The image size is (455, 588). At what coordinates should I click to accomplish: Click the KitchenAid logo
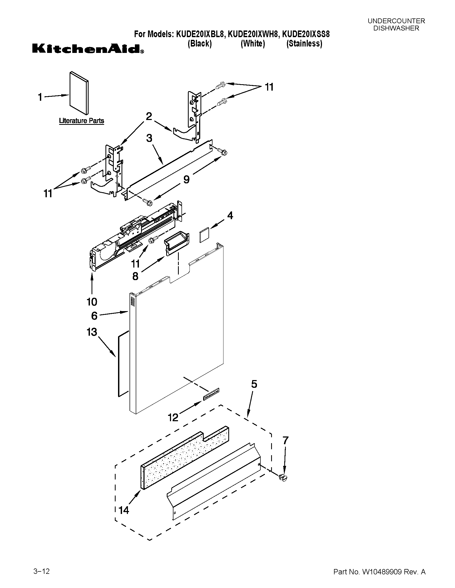click(x=88, y=49)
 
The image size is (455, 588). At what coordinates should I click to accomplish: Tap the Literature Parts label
click(x=81, y=121)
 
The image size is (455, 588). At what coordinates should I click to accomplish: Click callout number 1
click(x=40, y=97)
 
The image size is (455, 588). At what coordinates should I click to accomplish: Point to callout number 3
click(x=149, y=138)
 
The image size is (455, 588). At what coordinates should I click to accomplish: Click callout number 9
click(x=187, y=179)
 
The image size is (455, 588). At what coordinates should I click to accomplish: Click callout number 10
click(x=92, y=302)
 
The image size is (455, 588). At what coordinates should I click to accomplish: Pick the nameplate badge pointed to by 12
click(x=211, y=394)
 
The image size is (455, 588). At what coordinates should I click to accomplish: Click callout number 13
click(x=92, y=332)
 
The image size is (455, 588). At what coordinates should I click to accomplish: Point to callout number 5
click(x=254, y=384)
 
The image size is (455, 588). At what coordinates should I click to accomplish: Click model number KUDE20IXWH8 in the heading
click(x=253, y=34)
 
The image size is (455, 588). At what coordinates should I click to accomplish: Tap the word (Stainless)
click(x=304, y=43)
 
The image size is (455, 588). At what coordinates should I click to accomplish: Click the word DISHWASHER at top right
click(x=396, y=28)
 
